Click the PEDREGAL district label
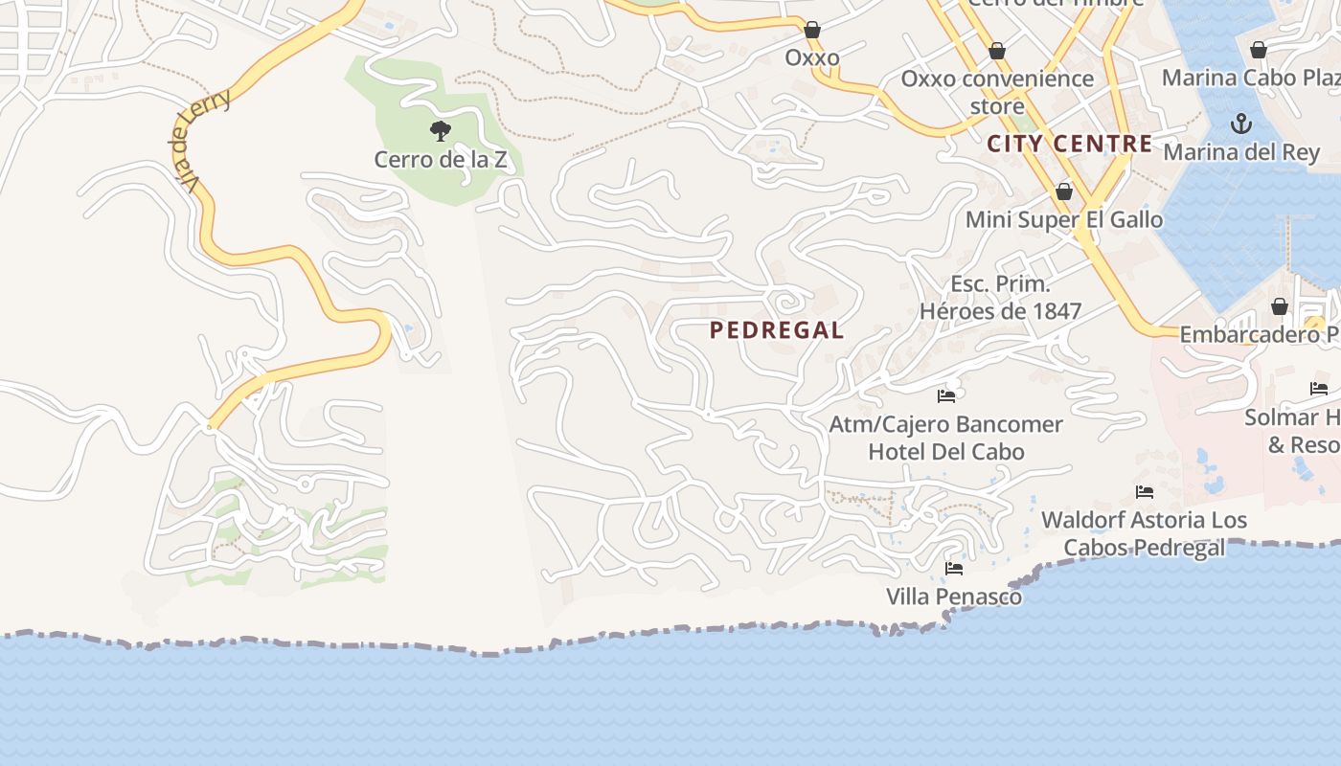777,330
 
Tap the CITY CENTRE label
1069,144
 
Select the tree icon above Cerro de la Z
441,130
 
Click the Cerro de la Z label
441,159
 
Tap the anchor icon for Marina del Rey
1241,124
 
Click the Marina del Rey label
1241,151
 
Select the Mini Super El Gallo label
1064,219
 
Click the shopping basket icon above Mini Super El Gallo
1063,191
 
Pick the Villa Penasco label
953,597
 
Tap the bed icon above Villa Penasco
953,568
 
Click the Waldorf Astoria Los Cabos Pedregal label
1144,533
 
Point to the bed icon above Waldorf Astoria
1144,492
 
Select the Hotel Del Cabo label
946,451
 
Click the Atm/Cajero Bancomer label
946,423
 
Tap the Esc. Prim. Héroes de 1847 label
1000,297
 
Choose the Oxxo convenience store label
997,91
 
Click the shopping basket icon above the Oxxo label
812,31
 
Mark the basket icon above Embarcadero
1279,306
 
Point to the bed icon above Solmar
1319,389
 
